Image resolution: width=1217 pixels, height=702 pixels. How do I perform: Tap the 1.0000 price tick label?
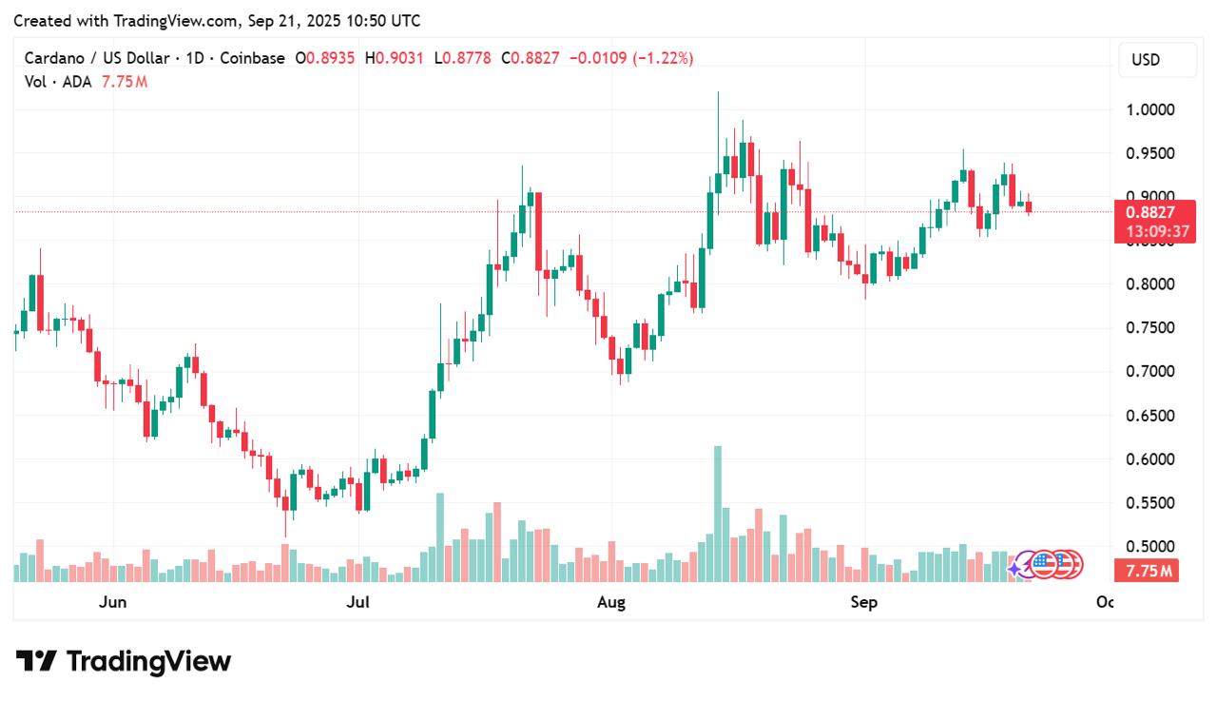(x=1150, y=109)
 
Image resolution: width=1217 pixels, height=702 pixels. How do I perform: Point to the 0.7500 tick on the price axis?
(x=1150, y=327)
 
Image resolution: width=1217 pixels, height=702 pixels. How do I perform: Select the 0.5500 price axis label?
(x=1150, y=502)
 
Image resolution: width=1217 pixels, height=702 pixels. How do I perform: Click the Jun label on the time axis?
(x=112, y=602)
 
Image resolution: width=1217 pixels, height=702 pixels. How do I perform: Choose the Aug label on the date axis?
(x=611, y=602)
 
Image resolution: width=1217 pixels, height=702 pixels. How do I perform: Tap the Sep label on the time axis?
(x=864, y=602)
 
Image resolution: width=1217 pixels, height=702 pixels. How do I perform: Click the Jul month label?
(x=358, y=602)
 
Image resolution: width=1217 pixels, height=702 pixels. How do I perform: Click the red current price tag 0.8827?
(x=1150, y=212)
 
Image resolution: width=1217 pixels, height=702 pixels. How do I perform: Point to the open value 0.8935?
(x=330, y=58)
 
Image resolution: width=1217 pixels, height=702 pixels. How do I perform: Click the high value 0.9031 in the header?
(x=399, y=58)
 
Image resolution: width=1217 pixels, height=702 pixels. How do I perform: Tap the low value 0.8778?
(x=467, y=58)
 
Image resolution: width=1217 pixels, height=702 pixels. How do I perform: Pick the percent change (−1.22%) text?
(x=664, y=58)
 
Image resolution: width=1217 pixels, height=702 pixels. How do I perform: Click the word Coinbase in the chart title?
(x=252, y=58)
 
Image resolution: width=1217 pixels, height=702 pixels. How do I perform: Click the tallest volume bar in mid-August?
(x=718, y=514)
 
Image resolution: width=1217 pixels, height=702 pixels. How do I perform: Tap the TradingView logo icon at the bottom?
(x=36, y=661)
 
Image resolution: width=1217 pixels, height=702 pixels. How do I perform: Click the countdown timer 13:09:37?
(x=1157, y=231)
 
